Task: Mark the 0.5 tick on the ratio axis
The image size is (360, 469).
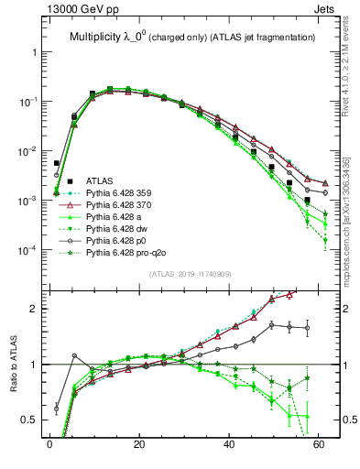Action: (30, 420)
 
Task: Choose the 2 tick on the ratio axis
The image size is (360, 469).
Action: (35, 309)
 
